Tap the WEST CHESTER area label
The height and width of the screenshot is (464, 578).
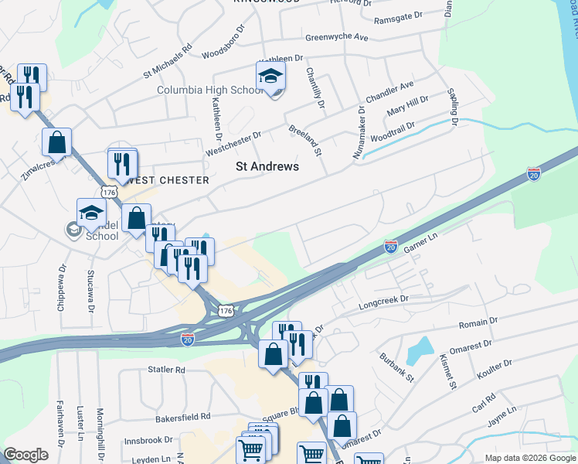(x=170, y=180)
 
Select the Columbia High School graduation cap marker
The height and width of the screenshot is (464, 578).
(x=271, y=77)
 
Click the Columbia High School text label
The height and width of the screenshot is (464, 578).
(x=211, y=90)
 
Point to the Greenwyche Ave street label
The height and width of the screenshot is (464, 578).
(x=336, y=36)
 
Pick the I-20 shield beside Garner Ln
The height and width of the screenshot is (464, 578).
(x=391, y=247)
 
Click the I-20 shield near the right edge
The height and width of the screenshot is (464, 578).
(x=533, y=173)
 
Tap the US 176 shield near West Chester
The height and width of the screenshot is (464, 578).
(x=107, y=191)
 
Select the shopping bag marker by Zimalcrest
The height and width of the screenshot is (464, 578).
(x=56, y=143)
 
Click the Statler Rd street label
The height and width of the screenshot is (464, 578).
(x=167, y=370)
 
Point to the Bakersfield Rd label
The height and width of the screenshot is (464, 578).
(x=182, y=416)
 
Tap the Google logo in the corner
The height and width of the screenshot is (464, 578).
(x=25, y=455)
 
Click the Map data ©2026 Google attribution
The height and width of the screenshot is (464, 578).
(x=529, y=458)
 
